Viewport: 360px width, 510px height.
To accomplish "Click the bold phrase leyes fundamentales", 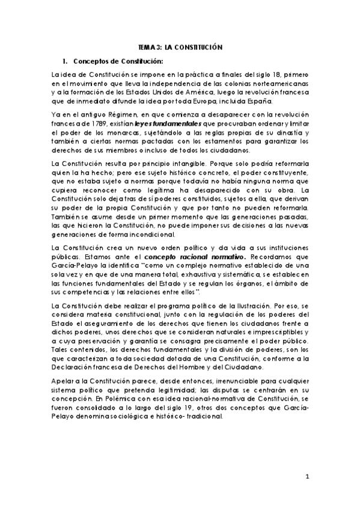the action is (163, 122).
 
